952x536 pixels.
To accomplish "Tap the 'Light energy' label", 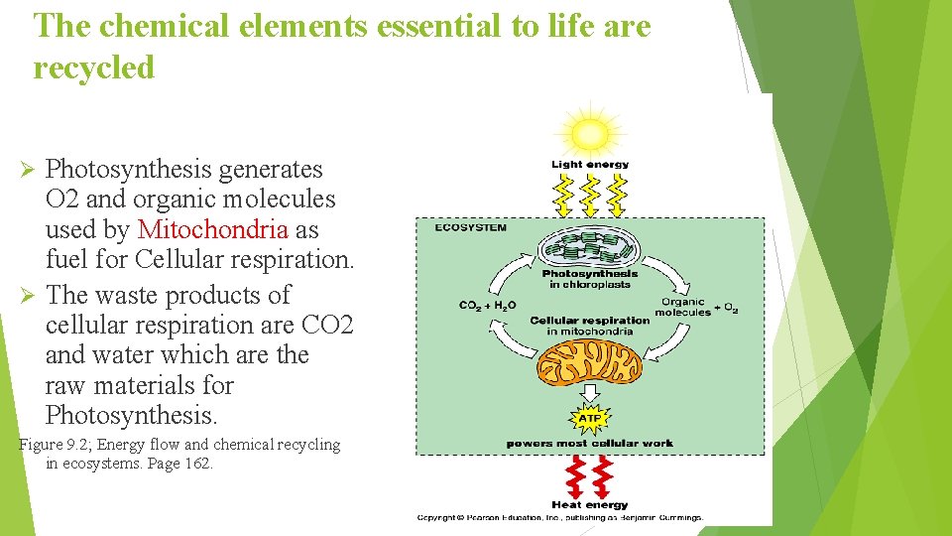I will coord(590,164).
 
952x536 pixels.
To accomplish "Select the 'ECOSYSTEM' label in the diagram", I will coord(470,227).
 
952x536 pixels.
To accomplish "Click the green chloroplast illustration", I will coord(589,246).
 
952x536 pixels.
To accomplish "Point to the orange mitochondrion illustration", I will coord(590,362).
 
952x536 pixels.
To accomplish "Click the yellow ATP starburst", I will coord(590,419).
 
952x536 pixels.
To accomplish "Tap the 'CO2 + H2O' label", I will coord(487,306).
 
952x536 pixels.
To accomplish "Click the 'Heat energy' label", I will coord(590,505).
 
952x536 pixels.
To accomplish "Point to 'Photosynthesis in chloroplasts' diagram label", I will coord(590,279).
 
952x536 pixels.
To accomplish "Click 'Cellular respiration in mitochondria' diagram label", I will coord(590,326).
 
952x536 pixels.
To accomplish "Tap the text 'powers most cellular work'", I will coord(590,443).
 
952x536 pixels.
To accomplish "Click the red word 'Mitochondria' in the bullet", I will coord(212,229).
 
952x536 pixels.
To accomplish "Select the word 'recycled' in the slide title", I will coord(94,67).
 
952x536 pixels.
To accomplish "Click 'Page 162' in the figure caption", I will coord(174,464).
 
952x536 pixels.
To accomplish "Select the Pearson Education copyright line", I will coord(559,517).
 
